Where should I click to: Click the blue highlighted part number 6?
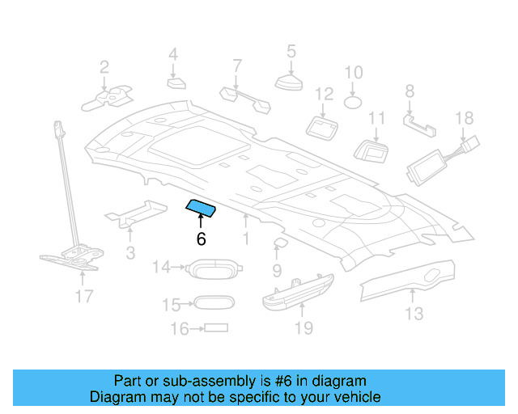point(201,209)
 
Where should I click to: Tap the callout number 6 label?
point(201,239)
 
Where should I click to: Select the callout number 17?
point(84,297)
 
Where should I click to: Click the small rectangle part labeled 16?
point(216,328)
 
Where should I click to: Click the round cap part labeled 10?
point(354,102)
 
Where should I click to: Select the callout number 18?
point(464,118)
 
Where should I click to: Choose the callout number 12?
point(324,95)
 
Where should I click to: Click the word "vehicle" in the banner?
point(357,397)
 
